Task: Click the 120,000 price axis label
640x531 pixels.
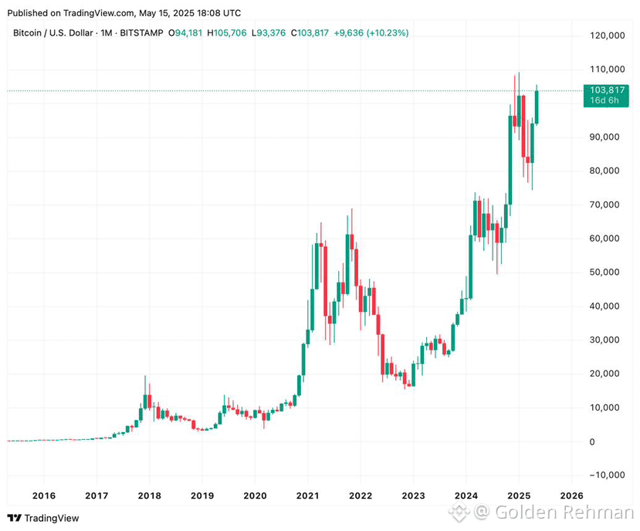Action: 608,36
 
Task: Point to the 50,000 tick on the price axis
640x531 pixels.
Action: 604,272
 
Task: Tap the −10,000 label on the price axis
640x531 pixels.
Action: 608,475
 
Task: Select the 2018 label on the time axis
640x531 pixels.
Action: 150,496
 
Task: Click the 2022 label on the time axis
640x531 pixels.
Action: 361,496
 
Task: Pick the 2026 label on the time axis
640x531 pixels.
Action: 572,496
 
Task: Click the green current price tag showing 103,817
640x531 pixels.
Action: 606,96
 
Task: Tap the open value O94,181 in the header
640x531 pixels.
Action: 185,33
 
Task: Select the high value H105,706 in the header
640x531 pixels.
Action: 227,33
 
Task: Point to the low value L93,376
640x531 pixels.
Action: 269,33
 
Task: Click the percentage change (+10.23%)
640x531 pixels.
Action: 388,33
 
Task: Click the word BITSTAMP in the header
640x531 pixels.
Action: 141,33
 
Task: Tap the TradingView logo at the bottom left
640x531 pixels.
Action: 43,519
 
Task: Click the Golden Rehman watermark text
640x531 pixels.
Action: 564,512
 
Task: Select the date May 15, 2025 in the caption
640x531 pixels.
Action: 166,13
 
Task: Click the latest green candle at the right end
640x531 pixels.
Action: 537,107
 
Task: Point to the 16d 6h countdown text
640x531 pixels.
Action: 604,101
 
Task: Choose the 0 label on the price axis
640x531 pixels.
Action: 592,441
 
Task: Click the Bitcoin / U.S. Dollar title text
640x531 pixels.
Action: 53,33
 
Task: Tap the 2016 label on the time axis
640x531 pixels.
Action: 44,496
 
